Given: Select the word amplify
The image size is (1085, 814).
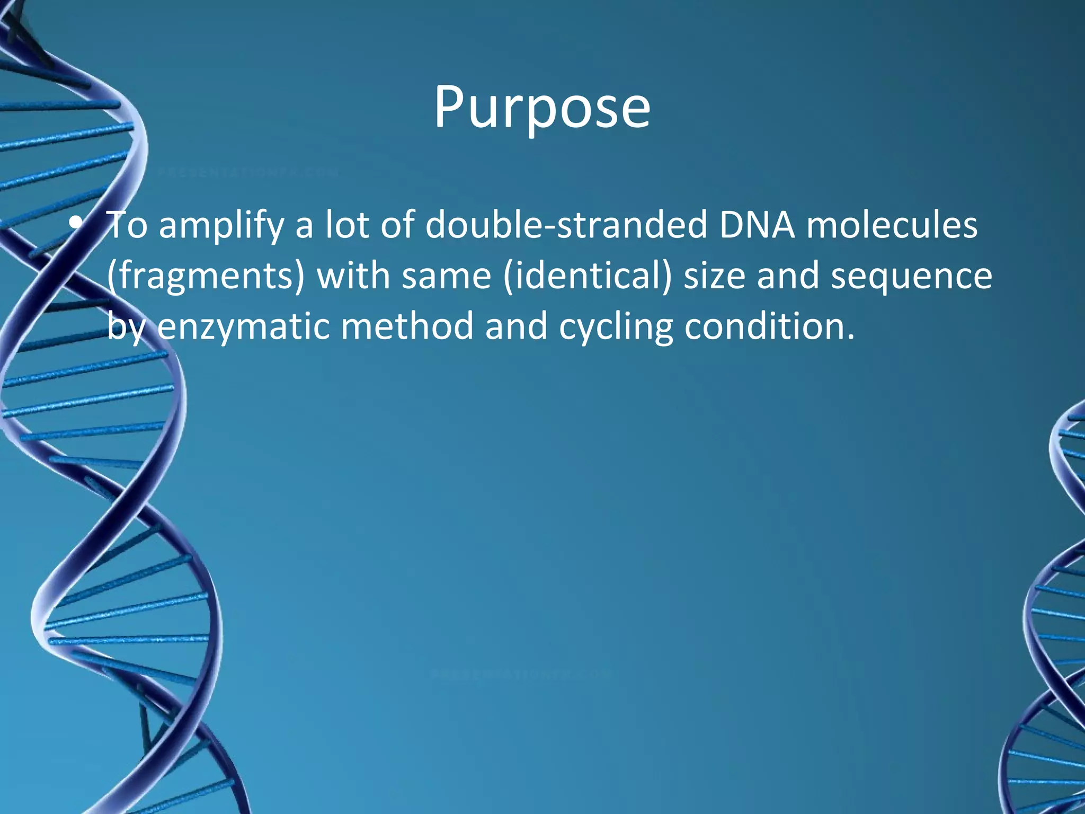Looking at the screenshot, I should coord(221,225).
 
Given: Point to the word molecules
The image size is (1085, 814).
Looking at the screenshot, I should coord(892,224).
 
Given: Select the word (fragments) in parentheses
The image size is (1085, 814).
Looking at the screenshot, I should coord(206,276).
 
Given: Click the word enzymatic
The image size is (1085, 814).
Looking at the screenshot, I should coord(243,326).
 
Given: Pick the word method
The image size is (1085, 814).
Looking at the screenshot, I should coord(407,325).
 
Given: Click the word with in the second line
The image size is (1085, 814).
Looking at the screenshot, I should coord(353,276).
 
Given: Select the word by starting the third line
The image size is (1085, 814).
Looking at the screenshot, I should coord(126,326).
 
